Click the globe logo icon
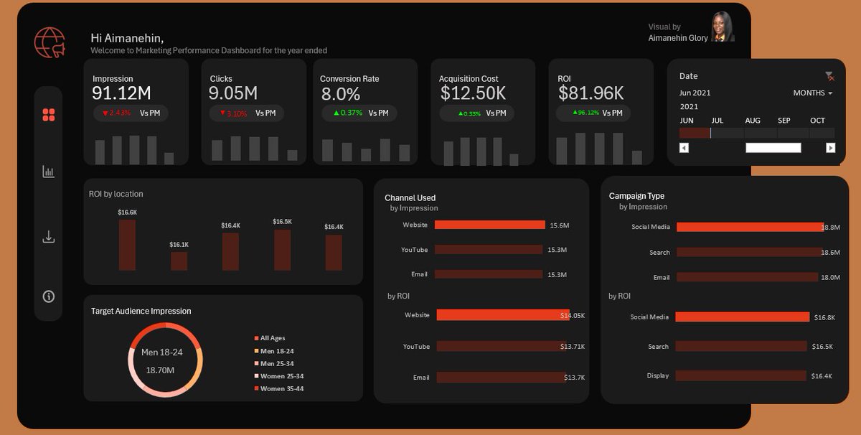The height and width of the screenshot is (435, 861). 49,43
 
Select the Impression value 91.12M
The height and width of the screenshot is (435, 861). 121,93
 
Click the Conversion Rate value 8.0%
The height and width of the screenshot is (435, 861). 341,94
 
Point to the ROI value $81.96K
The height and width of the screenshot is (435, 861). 591,93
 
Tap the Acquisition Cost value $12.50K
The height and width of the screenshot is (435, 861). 473,93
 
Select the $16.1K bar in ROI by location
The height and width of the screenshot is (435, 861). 179,261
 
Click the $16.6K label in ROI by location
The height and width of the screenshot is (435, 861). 127,212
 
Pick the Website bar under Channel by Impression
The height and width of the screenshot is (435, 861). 489,225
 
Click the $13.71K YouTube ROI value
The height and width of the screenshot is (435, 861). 573,347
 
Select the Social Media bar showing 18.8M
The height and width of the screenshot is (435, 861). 749,227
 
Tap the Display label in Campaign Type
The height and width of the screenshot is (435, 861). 658,375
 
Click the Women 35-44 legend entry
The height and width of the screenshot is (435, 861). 281,388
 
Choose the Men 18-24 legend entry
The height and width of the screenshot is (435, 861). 276,351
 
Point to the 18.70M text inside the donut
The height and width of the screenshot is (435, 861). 160,370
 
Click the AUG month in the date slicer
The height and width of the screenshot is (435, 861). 753,121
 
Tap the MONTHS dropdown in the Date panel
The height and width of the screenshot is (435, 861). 812,93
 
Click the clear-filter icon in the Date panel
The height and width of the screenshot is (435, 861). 829,76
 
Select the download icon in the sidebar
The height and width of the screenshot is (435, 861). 49,237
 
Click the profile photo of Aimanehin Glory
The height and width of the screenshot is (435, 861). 722,27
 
